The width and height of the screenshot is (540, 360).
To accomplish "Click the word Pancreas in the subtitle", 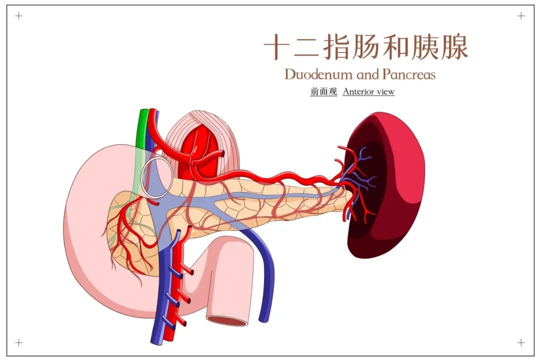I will [x=408, y=74].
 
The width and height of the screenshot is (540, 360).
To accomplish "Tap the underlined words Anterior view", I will [x=368, y=91].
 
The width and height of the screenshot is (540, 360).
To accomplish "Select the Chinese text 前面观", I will [x=323, y=91].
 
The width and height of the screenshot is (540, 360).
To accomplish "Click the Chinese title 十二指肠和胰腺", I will [x=365, y=47].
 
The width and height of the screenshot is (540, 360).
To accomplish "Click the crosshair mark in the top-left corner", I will [x=19, y=16].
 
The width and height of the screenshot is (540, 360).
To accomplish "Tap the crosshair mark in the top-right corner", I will [x=521, y=16].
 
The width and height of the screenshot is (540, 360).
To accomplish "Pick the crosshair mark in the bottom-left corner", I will [x=19, y=342].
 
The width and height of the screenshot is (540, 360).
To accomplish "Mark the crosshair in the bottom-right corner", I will [x=521, y=342].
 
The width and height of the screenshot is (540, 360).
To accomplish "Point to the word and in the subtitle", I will [x=368, y=75].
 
